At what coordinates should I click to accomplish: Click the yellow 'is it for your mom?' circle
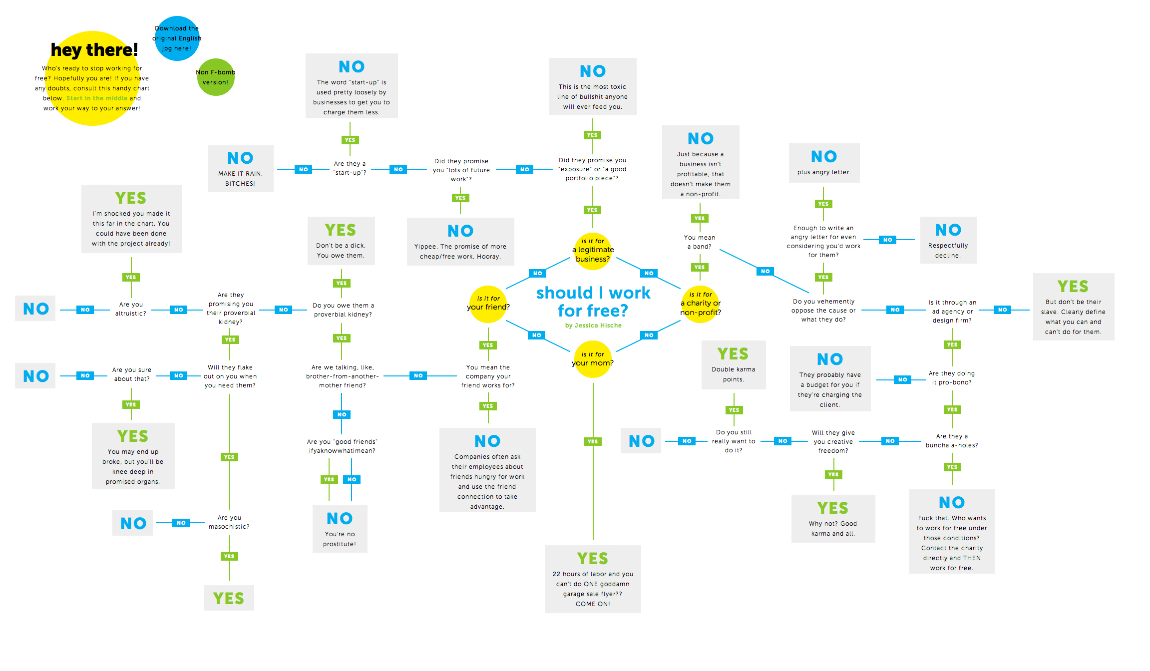coord(593,359)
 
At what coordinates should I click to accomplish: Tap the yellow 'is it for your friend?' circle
coord(488,304)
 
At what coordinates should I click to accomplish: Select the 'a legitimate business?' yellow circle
coord(593,251)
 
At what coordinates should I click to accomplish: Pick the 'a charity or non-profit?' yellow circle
coord(700,304)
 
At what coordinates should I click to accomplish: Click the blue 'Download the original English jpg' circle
coord(177,38)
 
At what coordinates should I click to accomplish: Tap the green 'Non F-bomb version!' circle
coord(216,77)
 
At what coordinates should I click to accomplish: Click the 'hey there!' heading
coord(94,50)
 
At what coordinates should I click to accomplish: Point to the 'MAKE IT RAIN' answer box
coord(240,168)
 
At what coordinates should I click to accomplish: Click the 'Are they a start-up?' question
coord(350,168)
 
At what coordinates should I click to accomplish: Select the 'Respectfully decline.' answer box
coord(948,240)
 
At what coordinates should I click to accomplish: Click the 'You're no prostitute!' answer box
coord(340,529)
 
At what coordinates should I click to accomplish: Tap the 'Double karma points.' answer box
coord(734,365)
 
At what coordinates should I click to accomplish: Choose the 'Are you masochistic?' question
coord(229,522)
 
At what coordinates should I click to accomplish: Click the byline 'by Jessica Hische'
coord(593,326)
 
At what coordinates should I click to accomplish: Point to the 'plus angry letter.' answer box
coord(824,163)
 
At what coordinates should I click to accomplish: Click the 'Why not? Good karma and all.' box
coord(833,519)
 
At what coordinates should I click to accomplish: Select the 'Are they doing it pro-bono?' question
coord(952,378)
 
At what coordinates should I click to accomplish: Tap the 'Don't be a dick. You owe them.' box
coord(341,241)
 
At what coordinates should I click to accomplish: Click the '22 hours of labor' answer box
coord(593,579)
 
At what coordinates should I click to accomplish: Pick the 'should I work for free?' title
coord(593,302)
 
